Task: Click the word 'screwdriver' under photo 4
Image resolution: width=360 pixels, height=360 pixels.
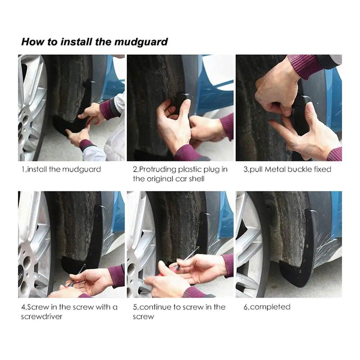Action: coord(41,317)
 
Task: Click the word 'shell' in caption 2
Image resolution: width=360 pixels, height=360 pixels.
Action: coord(197,179)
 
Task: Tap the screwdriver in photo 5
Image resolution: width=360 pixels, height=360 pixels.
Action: coord(186,258)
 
